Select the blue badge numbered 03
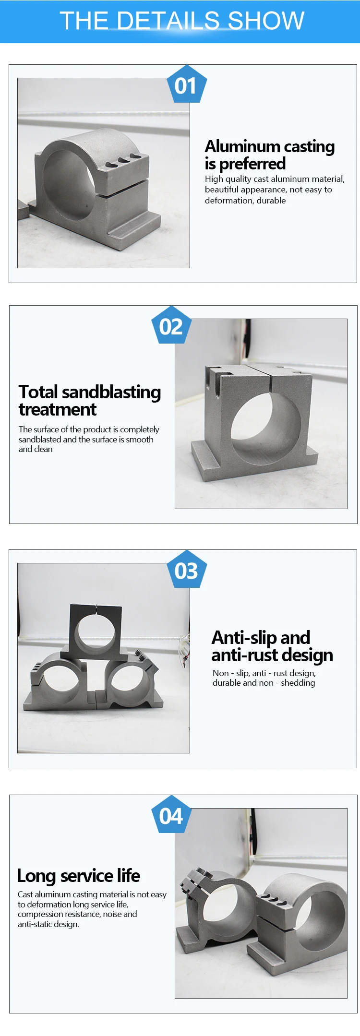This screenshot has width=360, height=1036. pos(187,570)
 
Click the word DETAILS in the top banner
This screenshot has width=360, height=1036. pos(168,21)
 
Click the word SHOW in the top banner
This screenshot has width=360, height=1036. pos(266,21)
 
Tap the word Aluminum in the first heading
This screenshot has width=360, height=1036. pos(242,146)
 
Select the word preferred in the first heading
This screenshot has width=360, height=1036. pos(252,164)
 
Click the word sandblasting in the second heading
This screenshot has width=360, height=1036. pos(111,393)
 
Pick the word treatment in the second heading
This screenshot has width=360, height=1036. pos(58,410)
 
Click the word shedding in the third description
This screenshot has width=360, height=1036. pos(298,683)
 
